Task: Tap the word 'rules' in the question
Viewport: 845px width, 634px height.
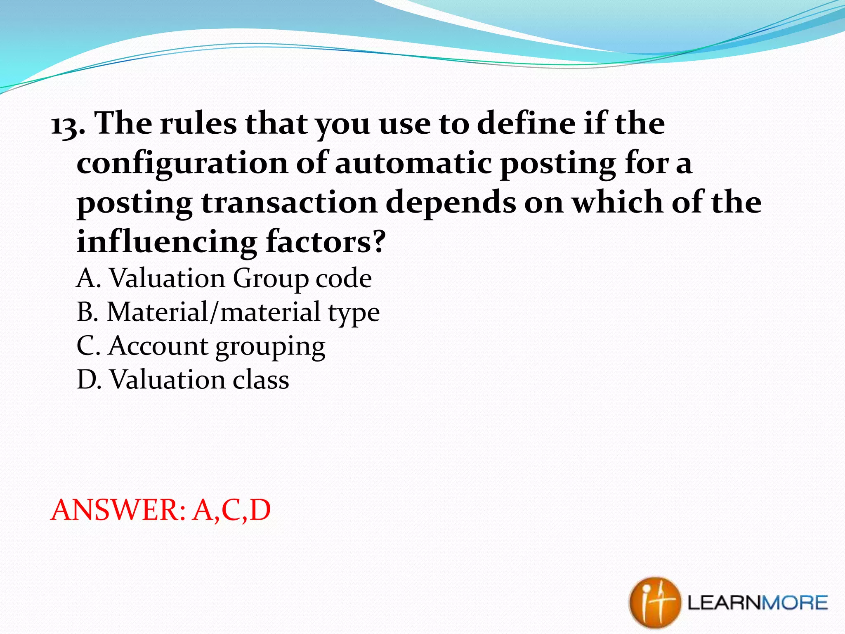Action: coord(198,124)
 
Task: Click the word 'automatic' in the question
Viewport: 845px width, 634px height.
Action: coord(413,163)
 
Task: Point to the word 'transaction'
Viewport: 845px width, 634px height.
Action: coord(289,203)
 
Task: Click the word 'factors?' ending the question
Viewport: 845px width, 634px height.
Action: coord(326,242)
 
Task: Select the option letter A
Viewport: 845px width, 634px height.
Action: coord(88,278)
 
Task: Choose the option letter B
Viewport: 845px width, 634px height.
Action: coord(87,312)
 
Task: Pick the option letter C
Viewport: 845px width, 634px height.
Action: coord(88,346)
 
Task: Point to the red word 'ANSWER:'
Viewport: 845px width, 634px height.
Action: coord(118,510)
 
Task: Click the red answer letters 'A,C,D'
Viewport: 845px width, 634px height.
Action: coord(231,510)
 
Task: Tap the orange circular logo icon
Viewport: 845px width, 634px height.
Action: coord(654,603)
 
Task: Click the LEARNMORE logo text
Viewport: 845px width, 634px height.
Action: coord(758,603)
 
